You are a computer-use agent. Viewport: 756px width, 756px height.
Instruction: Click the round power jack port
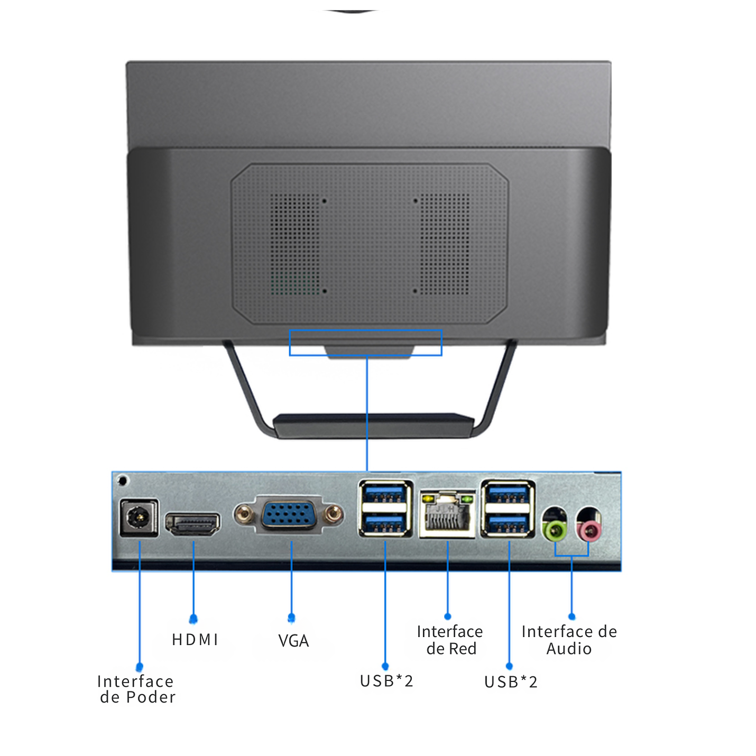[139, 518]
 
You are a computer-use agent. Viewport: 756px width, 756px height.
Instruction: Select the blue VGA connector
[289, 514]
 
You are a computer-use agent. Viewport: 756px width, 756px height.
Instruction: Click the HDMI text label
[195, 640]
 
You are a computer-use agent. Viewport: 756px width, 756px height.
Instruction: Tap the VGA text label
[293, 641]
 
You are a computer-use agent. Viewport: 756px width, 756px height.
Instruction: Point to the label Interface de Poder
[136, 689]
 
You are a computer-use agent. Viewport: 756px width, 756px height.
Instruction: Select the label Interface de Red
[450, 640]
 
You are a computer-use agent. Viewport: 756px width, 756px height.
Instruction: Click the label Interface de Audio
[569, 640]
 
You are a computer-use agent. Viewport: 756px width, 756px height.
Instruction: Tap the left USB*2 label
[386, 681]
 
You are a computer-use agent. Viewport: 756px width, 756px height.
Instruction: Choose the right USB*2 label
[511, 682]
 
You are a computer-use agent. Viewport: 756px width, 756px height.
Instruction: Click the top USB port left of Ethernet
[385, 495]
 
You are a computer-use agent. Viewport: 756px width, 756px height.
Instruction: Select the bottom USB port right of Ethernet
[508, 524]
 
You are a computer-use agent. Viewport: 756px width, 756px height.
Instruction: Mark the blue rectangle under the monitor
[365, 343]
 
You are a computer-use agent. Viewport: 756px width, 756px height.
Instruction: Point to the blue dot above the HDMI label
[193, 619]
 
